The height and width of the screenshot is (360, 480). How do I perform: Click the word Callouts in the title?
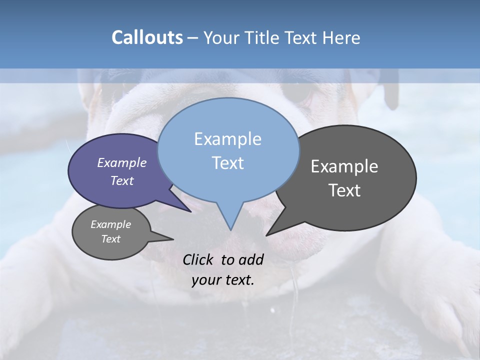click(147, 37)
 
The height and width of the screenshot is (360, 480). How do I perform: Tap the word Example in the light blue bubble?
click(227, 139)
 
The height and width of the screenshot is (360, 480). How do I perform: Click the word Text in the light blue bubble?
click(227, 163)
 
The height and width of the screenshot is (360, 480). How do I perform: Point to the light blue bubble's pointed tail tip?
click(230, 229)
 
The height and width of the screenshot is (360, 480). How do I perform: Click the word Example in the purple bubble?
click(122, 163)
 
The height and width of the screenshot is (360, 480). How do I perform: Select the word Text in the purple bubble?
click(122, 181)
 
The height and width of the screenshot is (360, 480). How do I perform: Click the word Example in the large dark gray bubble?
click(344, 166)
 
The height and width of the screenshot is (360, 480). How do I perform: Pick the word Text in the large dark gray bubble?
click(344, 190)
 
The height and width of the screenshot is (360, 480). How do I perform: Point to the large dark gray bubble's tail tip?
click(267, 235)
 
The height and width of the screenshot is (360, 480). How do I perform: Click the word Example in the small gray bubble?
click(110, 224)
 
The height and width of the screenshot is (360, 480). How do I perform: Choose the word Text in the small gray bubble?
click(110, 239)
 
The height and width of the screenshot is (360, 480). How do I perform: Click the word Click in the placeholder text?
click(198, 260)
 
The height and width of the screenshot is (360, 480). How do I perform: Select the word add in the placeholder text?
click(251, 260)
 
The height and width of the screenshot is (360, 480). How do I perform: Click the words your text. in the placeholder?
click(223, 280)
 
